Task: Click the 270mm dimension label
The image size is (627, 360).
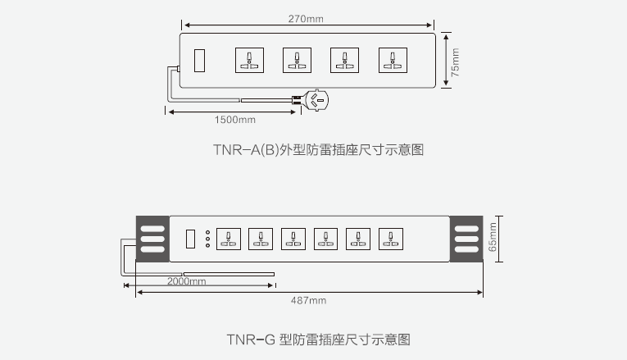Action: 306,19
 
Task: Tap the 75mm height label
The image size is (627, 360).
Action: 455,62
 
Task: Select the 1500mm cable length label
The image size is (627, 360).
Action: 234,120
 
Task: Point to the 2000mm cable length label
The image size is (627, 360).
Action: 186,281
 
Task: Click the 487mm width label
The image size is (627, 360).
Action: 308,300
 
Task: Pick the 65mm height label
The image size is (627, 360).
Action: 493,237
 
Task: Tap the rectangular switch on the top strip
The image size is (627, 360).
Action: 199,61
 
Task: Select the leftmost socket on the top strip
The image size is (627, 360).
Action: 249,61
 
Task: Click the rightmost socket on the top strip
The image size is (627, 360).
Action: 393,61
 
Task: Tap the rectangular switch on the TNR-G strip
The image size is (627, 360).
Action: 190,239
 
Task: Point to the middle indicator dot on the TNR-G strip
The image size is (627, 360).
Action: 207,239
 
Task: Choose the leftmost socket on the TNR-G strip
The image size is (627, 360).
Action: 229,239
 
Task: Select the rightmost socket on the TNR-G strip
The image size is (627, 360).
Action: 391,239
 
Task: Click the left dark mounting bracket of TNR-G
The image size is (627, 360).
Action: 152,239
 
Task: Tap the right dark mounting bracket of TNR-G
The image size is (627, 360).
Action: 466,239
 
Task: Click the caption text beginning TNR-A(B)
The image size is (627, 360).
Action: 318,149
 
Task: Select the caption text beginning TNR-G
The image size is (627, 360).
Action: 318,339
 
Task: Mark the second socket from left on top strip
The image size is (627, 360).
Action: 297,61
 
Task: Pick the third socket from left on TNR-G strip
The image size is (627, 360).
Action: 293,239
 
